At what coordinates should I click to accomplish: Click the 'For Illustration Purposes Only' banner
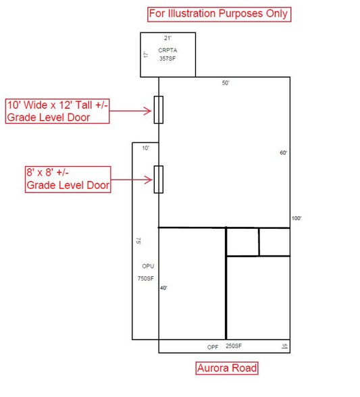click(x=219, y=14)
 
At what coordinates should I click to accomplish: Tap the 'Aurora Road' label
click(x=227, y=368)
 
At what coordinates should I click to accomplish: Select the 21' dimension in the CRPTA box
click(x=168, y=38)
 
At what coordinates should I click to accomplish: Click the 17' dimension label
click(x=146, y=55)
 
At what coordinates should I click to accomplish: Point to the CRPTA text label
click(x=168, y=50)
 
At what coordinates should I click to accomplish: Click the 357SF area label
click(x=168, y=59)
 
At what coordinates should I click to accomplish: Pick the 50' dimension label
click(x=226, y=83)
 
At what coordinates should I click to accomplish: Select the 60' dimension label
click(x=283, y=153)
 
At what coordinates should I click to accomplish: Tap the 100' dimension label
click(x=297, y=218)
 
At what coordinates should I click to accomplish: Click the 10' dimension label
click(x=146, y=148)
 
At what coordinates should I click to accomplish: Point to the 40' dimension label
click(x=163, y=288)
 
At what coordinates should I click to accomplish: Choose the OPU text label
click(x=148, y=266)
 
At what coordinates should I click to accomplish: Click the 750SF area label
click(x=146, y=278)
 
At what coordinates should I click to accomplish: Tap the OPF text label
click(x=213, y=347)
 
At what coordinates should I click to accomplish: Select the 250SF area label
click(x=234, y=346)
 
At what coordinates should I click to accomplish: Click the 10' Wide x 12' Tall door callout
click(x=57, y=111)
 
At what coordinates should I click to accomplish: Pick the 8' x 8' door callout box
click(x=68, y=180)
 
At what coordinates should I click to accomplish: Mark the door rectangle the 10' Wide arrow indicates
click(x=159, y=109)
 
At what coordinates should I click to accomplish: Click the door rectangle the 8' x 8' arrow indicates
click(x=159, y=180)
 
